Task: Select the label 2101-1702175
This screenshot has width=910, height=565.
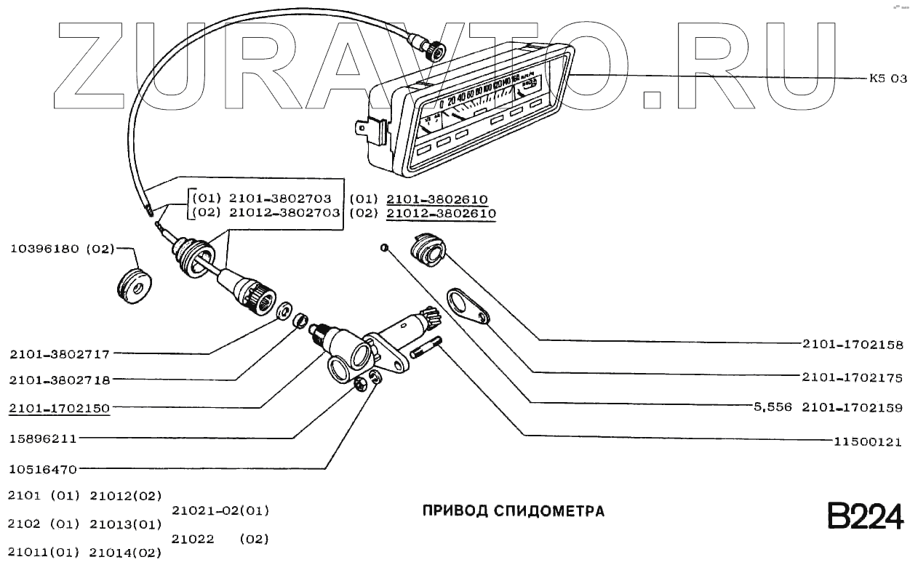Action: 853,377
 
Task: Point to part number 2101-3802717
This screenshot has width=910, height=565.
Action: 60,355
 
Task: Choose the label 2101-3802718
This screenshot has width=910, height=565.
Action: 60,380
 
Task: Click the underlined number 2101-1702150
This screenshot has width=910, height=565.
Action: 60,408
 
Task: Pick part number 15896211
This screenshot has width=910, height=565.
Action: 43,439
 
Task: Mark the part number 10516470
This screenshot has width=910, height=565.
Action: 43,469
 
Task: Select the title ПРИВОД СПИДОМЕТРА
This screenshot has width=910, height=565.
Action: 514,511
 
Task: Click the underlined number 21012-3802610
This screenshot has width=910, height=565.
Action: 441,214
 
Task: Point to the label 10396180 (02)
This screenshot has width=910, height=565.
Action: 63,249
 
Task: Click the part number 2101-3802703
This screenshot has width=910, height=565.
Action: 280,199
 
